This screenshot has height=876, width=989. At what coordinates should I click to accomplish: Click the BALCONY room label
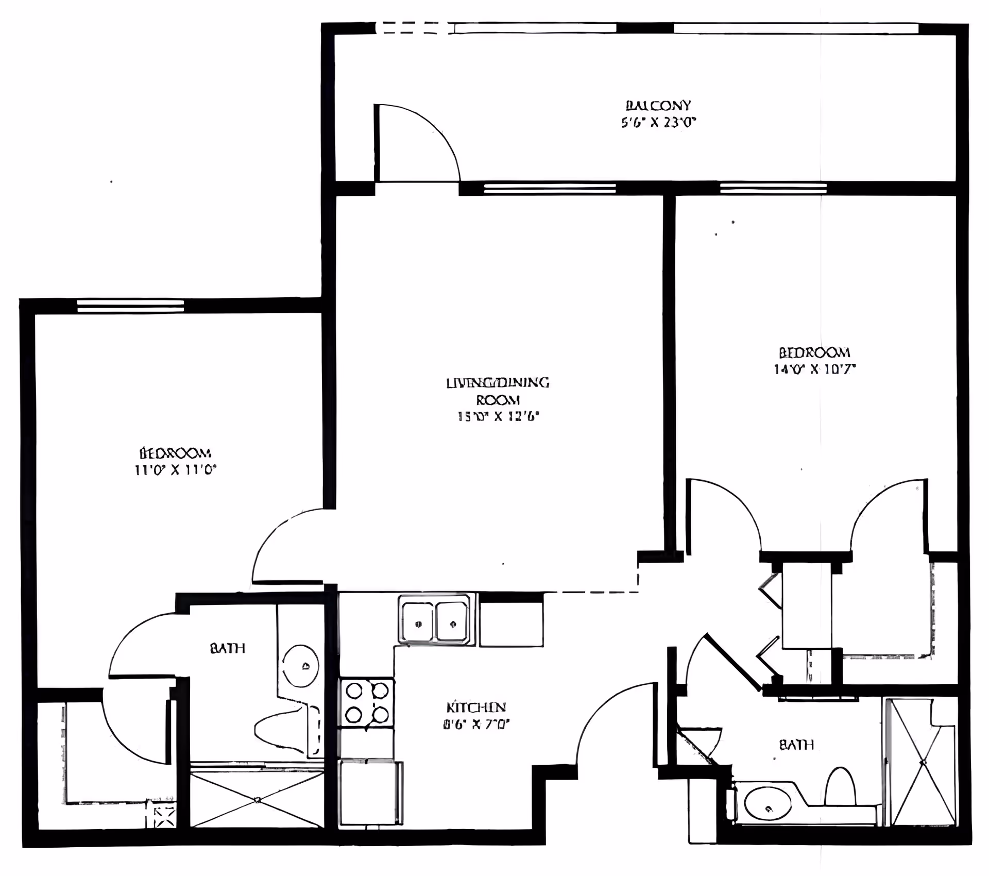point(658,106)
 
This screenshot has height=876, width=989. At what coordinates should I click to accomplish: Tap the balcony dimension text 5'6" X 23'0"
point(658,123)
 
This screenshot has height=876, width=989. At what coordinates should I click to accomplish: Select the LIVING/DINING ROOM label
point(498,391)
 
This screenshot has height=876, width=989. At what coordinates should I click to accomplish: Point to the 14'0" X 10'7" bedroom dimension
point(814,369)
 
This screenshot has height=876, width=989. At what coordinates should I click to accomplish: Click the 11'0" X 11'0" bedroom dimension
point(175,469)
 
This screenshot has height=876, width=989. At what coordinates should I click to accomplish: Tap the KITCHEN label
point(476,707)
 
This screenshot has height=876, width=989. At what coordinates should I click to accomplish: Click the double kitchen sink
point(436,622)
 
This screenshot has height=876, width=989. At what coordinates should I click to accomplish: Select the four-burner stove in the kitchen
point(366,702)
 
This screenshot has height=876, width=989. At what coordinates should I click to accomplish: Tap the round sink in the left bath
point(301,666)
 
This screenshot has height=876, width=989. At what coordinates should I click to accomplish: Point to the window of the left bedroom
point(130,306)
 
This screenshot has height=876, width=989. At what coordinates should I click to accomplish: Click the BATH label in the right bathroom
point(796,745)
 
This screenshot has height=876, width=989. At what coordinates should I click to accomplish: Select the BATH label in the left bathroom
point(227,648)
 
